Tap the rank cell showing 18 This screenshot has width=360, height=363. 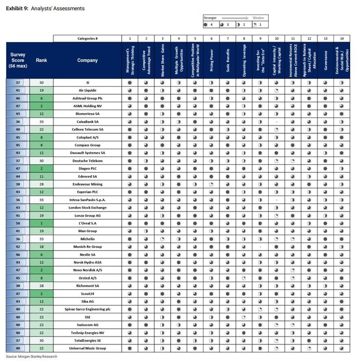click(x=41, y=247)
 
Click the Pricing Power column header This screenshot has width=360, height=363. click(x=211, y=61)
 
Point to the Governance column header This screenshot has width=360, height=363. click(x=325, y=61)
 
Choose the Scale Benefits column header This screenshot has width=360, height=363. click(x=227, y=61)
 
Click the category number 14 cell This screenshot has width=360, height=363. click(x=341, y=38)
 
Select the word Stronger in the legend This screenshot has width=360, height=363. click(x=210, y=18)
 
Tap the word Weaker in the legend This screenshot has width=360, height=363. click(x=258, y=18)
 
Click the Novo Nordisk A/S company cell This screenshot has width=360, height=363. click(x=87, y=270)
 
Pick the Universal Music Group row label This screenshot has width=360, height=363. click(x=87, y=348)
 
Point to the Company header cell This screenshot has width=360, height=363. click(x=87, y=60)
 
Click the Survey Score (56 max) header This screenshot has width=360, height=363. click(x=18, y=60)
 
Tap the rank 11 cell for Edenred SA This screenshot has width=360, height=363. click(x=41, y=177)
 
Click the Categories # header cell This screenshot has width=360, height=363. click(x=87, y=38)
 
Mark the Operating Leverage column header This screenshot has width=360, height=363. click(x=244, y=61)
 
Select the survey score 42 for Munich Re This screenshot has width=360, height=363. click(x=18, y=247)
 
